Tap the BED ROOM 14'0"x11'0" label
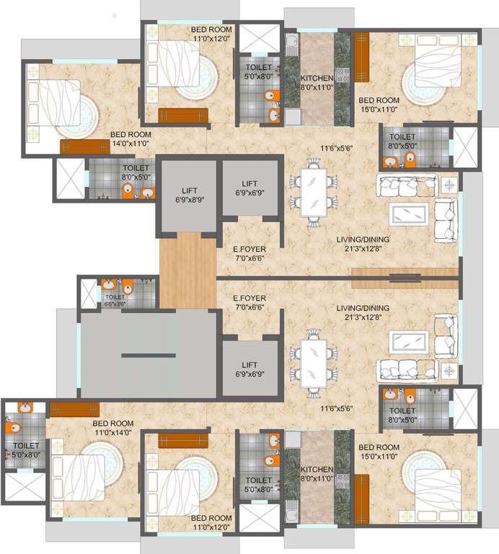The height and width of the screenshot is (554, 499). (x=130, y=138)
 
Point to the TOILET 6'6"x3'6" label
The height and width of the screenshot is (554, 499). (x=115, y=300)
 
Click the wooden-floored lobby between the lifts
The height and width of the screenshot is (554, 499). (x=187, y=271)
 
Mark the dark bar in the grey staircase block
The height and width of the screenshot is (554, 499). (x=148, y=355)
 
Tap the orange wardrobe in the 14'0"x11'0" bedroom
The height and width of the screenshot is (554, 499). (x=85, y=146)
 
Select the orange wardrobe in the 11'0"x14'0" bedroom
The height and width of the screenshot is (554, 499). (x=74, y=409)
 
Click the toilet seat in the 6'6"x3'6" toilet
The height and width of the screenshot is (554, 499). (x=127, y=286)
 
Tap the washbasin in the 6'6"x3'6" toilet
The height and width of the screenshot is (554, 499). (x=108, y=285)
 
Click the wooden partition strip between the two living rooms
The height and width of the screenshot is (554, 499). (x=405, y=273)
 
